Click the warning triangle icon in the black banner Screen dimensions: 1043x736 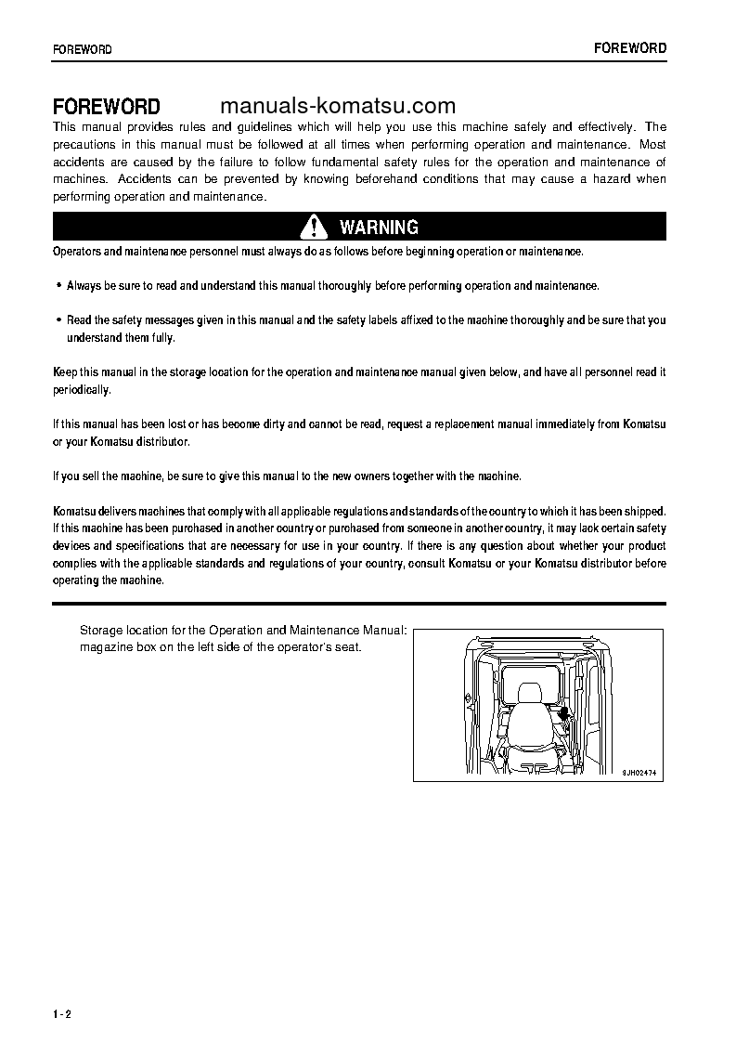[x=315, y=227]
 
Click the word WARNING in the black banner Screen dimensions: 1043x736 [x=379, y=228]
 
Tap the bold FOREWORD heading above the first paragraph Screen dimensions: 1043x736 [x=106, y=107]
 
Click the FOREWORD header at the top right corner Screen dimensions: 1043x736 [x=630, y=48]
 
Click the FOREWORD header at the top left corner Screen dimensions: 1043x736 [x=83, y=50]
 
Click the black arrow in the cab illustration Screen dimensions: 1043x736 [x=563, y=713]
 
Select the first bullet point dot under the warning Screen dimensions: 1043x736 [x=58, y=286]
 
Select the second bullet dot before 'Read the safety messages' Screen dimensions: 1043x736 [x=58, y=319]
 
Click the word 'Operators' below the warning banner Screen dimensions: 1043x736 [x=77, y=252]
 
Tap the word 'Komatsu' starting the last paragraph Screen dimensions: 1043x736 [x=73, y=512]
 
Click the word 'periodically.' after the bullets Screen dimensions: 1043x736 [x=82, y=390]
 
